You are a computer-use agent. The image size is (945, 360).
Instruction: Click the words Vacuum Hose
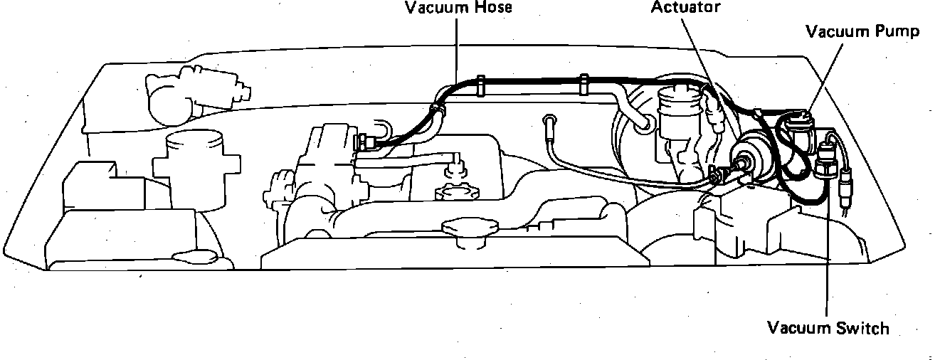(458, 9)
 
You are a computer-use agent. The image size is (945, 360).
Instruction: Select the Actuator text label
(685, 7)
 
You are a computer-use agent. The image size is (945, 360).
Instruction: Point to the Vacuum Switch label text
(828, 328)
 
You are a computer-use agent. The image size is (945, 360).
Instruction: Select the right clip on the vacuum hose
(584, 84)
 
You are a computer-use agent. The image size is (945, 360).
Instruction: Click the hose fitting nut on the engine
(366, 141)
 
